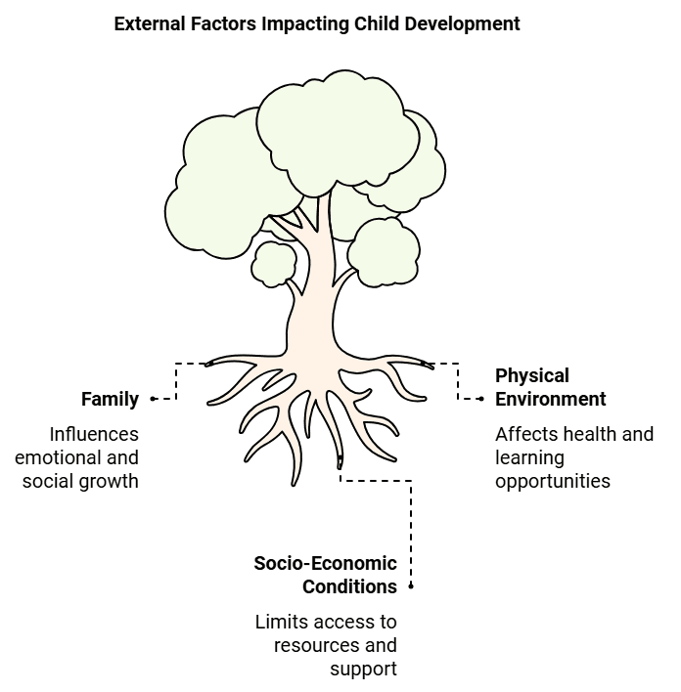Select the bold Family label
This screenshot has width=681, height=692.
point(110,399)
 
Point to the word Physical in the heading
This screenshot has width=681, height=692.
point(532,375)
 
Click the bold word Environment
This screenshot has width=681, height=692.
point(551,399)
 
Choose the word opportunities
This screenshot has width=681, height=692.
point(553,481)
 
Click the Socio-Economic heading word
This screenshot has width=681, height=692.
point(325,563)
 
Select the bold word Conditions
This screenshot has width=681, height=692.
point(349,586)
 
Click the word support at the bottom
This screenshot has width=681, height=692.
point(364,669)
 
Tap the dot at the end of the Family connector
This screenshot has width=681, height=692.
point(154,399)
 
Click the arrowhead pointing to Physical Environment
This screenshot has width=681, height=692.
point(480,399)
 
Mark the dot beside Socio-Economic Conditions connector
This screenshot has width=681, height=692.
point(411,586)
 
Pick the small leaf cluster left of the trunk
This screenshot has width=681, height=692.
point(274,263)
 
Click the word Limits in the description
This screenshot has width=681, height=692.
point(279,622)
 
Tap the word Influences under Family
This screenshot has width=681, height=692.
point(94,434)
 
